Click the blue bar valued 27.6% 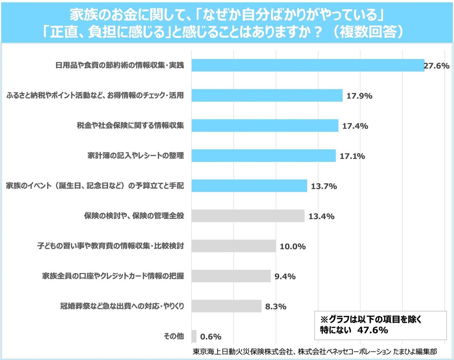(308, 65)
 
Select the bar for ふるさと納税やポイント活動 (267, 96)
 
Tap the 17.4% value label (355, 126)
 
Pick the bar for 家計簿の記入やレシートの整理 (264, 156)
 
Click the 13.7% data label (324, 186)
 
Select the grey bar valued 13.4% (248, 216)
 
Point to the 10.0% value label (293, 246)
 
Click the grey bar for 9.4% (231, 276)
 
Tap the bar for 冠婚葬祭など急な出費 (226, 306)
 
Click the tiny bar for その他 (194, 336)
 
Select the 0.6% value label (211, 337)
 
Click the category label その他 (174, 336)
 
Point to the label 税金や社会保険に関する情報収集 (130, 125)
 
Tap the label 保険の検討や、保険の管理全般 (134, 216)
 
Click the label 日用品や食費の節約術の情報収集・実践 (120, 65)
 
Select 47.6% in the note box (372, 330)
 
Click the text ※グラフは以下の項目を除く (371, 319)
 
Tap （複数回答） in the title (367, 32)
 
